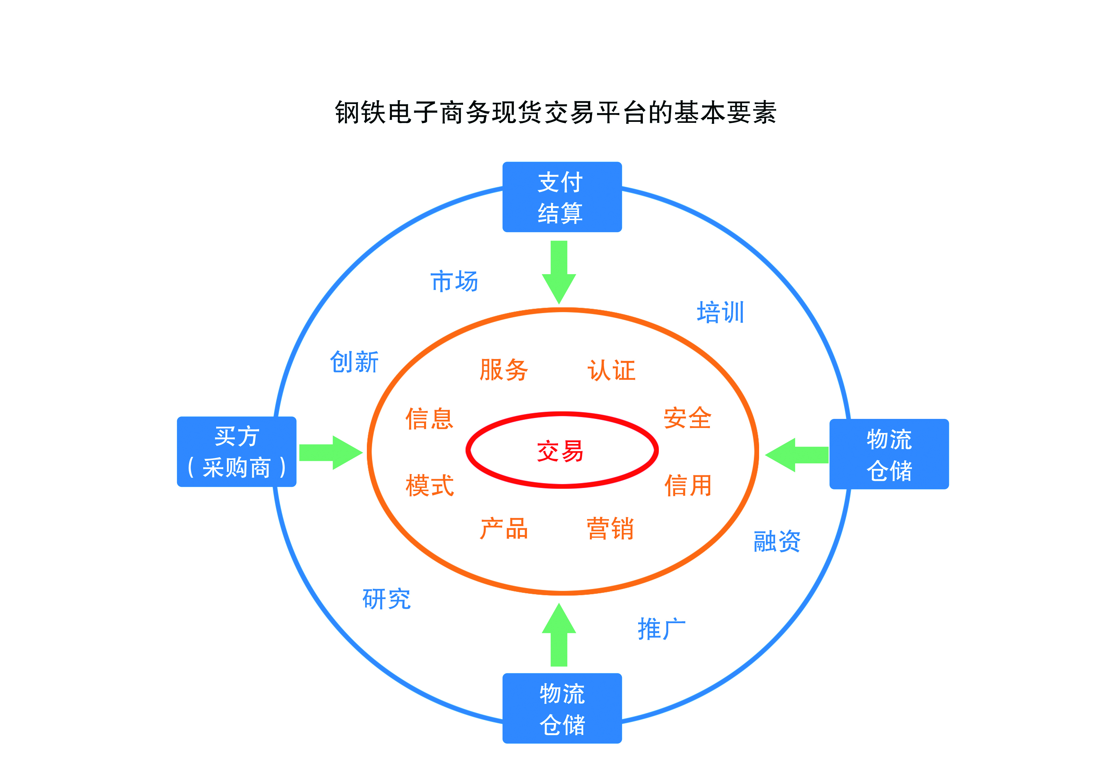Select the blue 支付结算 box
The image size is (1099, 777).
(562, 197)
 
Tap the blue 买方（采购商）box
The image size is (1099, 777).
(237, 451)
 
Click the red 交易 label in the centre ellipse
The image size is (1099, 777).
(560, 451)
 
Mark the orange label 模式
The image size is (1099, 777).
(430, 485)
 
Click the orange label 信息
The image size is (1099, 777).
(430, 419)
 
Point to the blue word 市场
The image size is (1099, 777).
(454, 281)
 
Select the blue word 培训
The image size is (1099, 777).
(720, 312)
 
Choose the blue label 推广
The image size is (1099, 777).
(662, 628)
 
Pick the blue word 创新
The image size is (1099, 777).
(355, 362)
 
